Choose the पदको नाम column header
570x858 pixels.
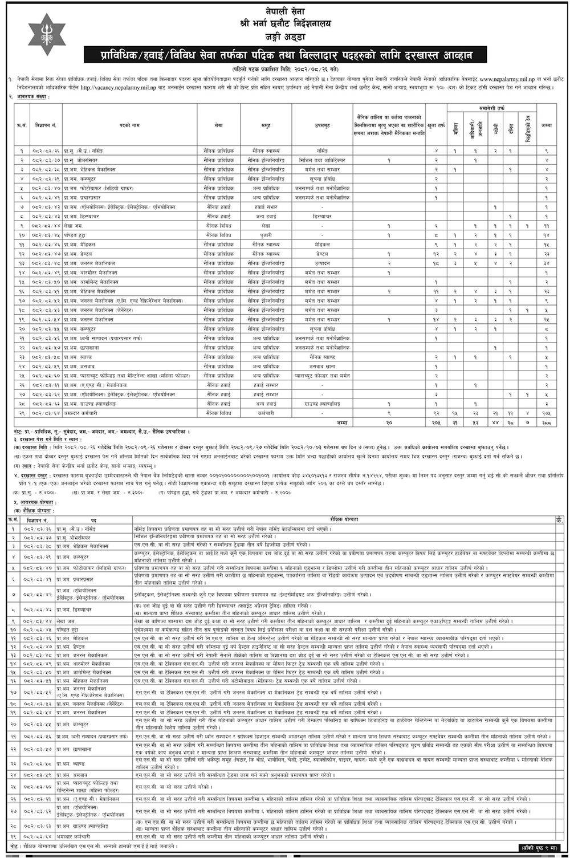pos(129,125)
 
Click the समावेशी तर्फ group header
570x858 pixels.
pos(491,108)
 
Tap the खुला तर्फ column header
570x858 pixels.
pos(436,125)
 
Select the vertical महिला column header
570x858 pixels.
pos(455,128)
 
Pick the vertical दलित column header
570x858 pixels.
pos(510,128)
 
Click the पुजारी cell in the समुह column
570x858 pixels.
pos(266,235)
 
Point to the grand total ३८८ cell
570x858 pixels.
pos(546,422)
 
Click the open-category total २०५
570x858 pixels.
pos(436,422)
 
